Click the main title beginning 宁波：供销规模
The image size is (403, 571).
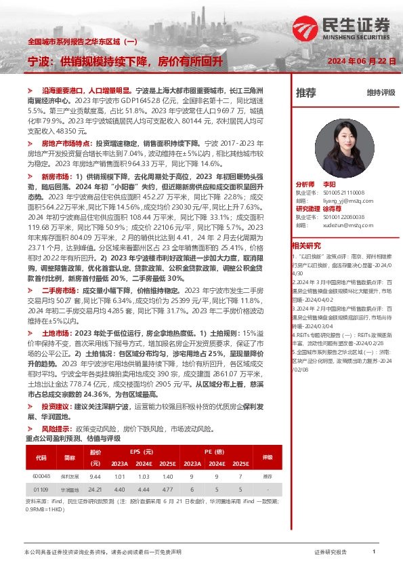[124, 62]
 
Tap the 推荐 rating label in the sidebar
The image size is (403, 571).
[306, 93]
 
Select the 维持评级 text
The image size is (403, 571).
[381, 93]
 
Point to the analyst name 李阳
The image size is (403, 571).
[329, 184]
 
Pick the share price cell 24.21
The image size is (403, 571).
[95, 488]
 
